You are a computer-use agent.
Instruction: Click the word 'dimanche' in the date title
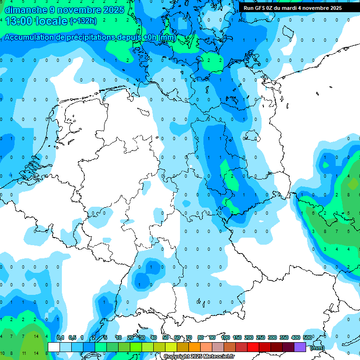(x=24, y=10)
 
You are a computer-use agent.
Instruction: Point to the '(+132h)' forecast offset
(x=83, y=21)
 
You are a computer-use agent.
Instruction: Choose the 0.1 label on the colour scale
(x=60, y=338)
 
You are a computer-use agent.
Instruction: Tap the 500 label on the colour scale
(x=307, y=338)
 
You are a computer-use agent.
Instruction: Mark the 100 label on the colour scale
(x=225, y=338)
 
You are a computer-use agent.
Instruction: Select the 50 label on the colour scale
(x=165, y=338)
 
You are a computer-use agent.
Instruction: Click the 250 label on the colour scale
(x=261, y=338)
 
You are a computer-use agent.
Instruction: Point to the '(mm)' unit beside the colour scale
(x=317, y=348)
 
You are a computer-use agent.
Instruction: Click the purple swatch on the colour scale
(x=300, y=347)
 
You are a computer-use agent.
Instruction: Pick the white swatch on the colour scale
(x=54, y=347)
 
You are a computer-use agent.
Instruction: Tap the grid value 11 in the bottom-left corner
(x=24, y=353)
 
